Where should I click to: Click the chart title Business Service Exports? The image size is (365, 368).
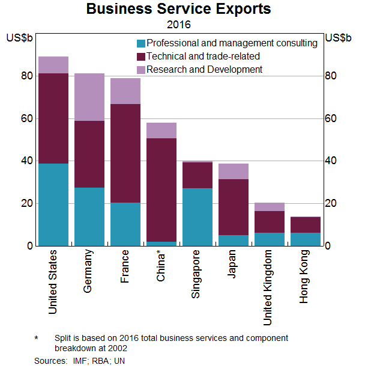coord(178,10)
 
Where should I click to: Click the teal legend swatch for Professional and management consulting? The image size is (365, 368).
coord(141,43)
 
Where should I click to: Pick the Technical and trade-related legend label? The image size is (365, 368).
coord(203,57)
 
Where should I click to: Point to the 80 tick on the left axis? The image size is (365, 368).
coord(27,76)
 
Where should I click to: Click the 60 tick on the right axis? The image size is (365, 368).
coord(331,119)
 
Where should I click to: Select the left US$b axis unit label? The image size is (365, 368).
coord(19,38)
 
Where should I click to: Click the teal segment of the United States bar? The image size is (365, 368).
coord(53,204)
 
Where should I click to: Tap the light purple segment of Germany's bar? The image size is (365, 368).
coord(89,97)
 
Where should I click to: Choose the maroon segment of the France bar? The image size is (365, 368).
coord(125,153)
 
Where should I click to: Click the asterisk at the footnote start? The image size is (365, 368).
coord(37,339)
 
